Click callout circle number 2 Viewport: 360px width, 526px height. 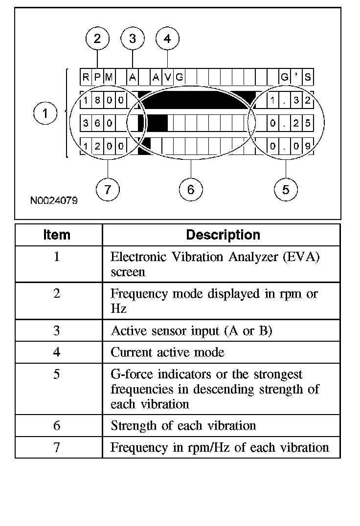pyautogui.click(x=97, y=39)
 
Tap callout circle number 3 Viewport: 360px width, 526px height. pyautogui.click(x=133, y=39)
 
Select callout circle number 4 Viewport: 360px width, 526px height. pyautogui.click(x=168, y=39)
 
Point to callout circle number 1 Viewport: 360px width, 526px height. pyautogui.click(x=45, y=114)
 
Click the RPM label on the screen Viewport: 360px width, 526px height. pyautogui.click(x=97, y=77)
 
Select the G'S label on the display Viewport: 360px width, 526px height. pyautogui.click(x=296, y=77)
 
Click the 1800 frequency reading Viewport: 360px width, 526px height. pyautogui.click(x=103, y=101)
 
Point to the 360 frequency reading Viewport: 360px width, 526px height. pyautogui.click(x=97, y=123)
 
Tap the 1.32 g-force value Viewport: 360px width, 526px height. pyautogui.click(x=291, y=101)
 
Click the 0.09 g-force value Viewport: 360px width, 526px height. pyautogui.click(x=291, y=145)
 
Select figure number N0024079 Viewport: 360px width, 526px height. pyautogui.click(x=53, y=200)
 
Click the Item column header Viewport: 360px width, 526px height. pyautogui.click(x=57, y=235)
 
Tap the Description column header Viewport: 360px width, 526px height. pyautogui.click(x=223, y=235)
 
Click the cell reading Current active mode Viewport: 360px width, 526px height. pyautogui.click(x=168, y=352)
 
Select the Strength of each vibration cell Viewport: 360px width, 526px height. pyautogui.click(x=183, y=425)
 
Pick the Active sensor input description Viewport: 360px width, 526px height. pyautogui.click(x=191, y=331)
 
